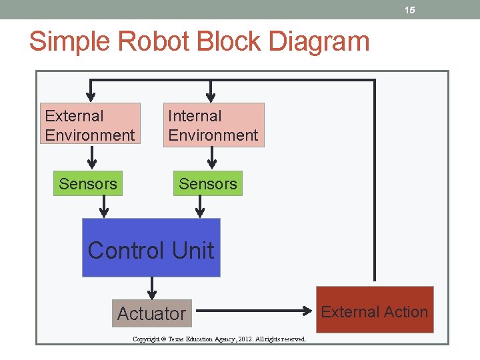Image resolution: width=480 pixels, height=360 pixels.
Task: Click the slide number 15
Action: point(410,10)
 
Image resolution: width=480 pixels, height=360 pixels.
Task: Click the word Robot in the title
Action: point(146,41)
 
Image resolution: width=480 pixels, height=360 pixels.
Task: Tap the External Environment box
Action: point(91,125)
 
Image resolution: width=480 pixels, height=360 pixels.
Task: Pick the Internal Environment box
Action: point(213,125)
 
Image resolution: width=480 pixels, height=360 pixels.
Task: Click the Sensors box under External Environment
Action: point(87,184)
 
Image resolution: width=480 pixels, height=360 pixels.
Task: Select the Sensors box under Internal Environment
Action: point(208,184)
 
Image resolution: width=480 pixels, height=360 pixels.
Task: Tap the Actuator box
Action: point(151,313)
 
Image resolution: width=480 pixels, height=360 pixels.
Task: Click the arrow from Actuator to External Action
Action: point(253,311)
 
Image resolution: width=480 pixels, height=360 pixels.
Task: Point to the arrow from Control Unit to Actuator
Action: point(152,288)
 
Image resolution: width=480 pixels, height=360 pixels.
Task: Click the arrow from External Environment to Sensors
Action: point(92,158)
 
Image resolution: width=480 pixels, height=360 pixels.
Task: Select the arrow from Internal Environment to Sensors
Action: point(212,158)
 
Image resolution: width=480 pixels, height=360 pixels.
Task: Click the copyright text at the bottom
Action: point(219,339)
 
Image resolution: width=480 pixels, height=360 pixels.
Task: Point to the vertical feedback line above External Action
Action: point(374,180)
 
